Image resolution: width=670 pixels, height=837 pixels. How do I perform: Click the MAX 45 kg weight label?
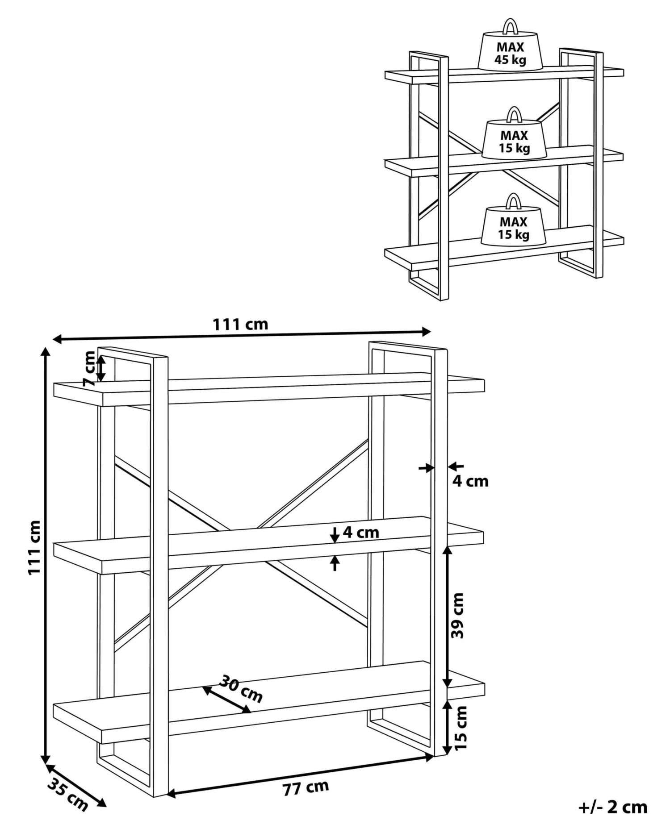[511, 53]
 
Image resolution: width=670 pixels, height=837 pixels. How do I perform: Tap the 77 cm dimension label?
[306, 788]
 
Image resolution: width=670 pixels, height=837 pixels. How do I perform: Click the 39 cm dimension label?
[458, 615]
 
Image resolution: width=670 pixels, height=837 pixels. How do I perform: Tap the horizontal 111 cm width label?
[240, 324]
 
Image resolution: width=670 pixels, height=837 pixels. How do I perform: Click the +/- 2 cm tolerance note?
[613, 807]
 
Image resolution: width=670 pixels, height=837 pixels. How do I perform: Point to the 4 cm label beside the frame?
[470, 481]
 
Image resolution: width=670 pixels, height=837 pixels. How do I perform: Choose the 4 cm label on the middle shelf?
[360, 532]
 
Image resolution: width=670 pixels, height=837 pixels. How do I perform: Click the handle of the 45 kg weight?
[510, 26]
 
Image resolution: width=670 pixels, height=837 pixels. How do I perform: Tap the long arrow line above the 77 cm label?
[300, 775]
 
